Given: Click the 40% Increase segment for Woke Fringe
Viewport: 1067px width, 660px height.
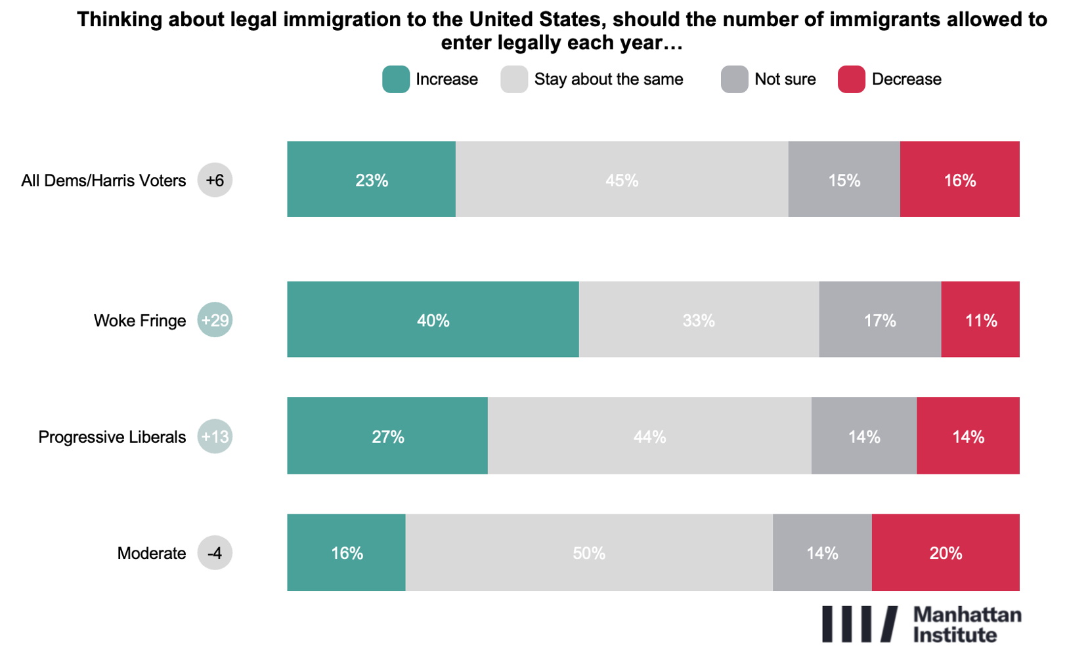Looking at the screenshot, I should point(433,320).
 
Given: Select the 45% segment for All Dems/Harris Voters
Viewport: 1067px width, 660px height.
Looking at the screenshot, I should point(621,179).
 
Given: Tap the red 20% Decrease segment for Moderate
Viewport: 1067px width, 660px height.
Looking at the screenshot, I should point(946,552).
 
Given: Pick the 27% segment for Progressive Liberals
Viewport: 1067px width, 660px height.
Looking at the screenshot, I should point(387,436).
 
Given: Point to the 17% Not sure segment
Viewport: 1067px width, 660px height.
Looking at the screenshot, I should point(880,320).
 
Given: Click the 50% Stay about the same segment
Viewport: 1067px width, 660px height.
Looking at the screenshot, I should point(588,552).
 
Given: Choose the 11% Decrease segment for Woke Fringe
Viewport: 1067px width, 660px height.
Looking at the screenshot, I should point(980,320).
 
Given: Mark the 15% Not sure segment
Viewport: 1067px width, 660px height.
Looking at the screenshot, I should point(844,179).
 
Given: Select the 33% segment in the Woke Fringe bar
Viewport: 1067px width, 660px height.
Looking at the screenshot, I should point(699,320).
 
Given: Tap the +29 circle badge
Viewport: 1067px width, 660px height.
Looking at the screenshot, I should point(215,320).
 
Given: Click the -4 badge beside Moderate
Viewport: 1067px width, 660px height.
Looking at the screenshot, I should point(215,553).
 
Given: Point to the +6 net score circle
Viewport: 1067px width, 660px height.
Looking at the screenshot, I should point(215,180).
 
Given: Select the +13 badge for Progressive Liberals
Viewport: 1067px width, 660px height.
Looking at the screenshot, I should point(215,437).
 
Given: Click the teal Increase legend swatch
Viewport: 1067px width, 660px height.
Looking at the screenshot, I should point(396,79).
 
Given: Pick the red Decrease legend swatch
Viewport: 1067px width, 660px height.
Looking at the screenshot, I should point(852,79).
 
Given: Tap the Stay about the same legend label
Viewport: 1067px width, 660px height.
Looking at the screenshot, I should point(608,79).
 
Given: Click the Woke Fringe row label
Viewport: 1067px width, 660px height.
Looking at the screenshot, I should point(140,321).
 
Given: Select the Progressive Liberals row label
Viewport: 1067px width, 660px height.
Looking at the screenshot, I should point(112,437).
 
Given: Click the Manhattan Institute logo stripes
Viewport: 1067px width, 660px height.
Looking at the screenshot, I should point(860,624).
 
